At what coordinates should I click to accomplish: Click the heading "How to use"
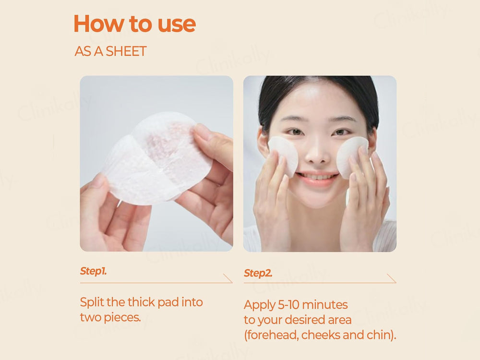pos(134,24)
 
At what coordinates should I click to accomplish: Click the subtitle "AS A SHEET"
pos(110,51)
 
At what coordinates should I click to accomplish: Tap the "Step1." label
pos(93,271)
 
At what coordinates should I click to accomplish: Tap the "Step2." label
pos(258,274)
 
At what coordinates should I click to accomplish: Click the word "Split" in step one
pos(91,302)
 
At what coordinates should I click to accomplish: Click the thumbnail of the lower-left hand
pos(98,181)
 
